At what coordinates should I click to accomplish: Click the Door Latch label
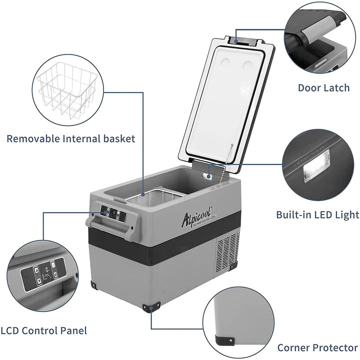pos(323,87)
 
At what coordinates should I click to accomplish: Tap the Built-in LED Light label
pos(317,214)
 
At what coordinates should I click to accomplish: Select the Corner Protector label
pos(317,347)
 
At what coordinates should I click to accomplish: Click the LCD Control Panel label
pos(43,330)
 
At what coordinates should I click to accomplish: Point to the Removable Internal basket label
pos(71,138)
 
